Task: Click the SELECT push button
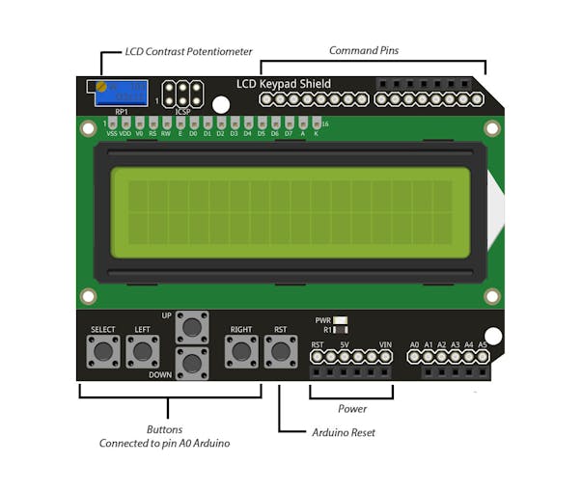point(102,352)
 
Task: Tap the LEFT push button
point(142,352)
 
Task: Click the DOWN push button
point(192,363)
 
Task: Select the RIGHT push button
point(240,352)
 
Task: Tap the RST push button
point(280,352)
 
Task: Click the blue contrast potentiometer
point(121,93)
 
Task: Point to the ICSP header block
point(183,94)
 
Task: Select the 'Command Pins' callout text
point(363,51)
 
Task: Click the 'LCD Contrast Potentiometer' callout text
point(188,51)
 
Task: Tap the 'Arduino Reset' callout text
point(344,432)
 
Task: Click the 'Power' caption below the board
point(351,409)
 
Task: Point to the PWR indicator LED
point(340,319)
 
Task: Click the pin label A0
point(414,344)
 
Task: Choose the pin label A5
point(482,344)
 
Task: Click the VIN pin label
point(385,344)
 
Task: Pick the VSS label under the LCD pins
point(112,134)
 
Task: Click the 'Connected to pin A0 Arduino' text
point(165,444)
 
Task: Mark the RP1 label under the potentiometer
point(121,112)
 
